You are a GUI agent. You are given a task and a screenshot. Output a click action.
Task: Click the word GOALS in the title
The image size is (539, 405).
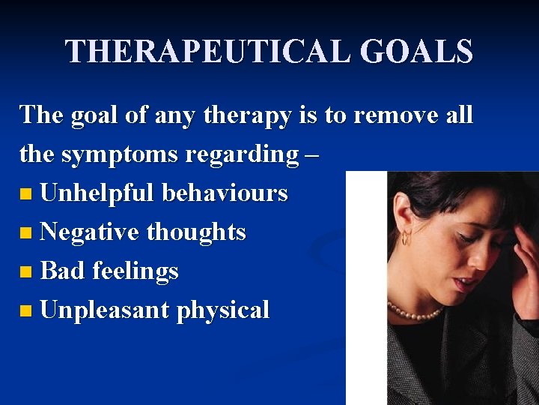coord(416,52)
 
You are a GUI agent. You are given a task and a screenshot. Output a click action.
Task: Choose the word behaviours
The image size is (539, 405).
coord(225,193)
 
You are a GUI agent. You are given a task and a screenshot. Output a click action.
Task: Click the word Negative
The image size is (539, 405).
coord(90,232)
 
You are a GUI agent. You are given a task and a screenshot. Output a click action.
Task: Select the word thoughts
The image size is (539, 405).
coord(196,232)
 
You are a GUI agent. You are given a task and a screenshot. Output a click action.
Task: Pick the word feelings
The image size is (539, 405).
coord(135,271)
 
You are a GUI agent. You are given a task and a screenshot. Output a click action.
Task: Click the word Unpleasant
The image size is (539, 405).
coord(105,310)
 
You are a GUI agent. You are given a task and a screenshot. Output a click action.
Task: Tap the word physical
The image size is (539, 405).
coord(222,310)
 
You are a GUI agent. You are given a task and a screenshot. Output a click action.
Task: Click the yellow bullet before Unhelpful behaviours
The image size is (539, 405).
coord(27,195)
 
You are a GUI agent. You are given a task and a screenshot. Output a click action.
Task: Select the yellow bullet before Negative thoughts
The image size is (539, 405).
coord(27,234)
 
